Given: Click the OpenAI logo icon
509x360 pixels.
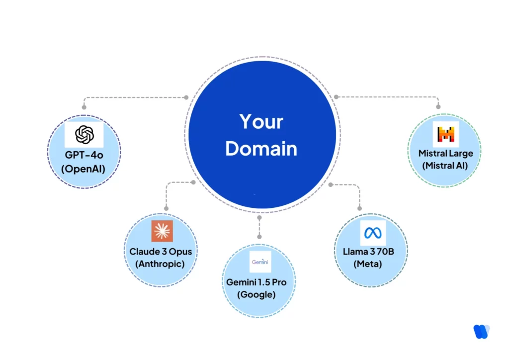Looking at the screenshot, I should [x=84, y=134].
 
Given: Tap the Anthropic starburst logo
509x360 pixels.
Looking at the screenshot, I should [x=162, y=231].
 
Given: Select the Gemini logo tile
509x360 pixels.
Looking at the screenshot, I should [x=260, y=262].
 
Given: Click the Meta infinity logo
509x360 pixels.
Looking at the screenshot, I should [x=372, y=232].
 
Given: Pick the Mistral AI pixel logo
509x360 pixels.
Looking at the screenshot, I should [x=445, y=134].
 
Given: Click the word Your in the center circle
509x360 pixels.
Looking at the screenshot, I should [x=261, y=122].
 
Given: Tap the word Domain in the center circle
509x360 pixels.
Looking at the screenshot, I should [x=261, y=149].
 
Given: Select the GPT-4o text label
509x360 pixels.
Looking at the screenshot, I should [x=84, y=155].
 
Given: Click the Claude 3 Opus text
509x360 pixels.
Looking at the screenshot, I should [x=161, y=252].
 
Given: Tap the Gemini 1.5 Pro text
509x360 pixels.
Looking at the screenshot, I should [x=256, y=282].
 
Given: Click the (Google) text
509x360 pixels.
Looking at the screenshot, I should [x=256, y=294].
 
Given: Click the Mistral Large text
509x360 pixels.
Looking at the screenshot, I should [x=445, y=153].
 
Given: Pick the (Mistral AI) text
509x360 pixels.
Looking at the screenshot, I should [x=445, y=166].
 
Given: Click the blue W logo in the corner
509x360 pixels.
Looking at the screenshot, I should [x=481, y=331].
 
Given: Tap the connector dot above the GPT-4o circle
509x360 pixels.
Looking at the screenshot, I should [x=84, y=107].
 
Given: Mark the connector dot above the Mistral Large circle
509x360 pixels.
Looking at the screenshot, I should [x=438, y=106].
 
